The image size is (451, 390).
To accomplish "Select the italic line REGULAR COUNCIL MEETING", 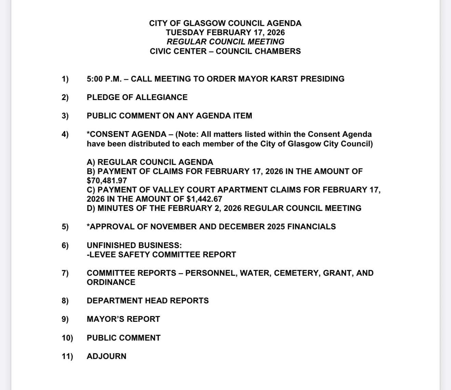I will coord(225,42).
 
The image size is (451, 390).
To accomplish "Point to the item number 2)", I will coord(65,97).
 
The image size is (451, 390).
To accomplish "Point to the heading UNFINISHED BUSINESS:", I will coord(134,245).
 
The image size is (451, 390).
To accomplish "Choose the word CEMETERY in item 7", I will coord(296,273).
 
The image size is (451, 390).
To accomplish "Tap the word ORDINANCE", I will coord(111,282).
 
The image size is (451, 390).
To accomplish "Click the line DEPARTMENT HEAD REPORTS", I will coord(148,301).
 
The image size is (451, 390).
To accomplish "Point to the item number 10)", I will coord(67,338).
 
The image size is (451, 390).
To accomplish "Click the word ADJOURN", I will coord(107,356).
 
